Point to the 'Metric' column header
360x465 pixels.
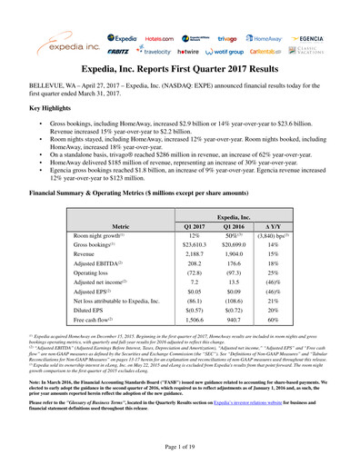coord(120,223)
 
